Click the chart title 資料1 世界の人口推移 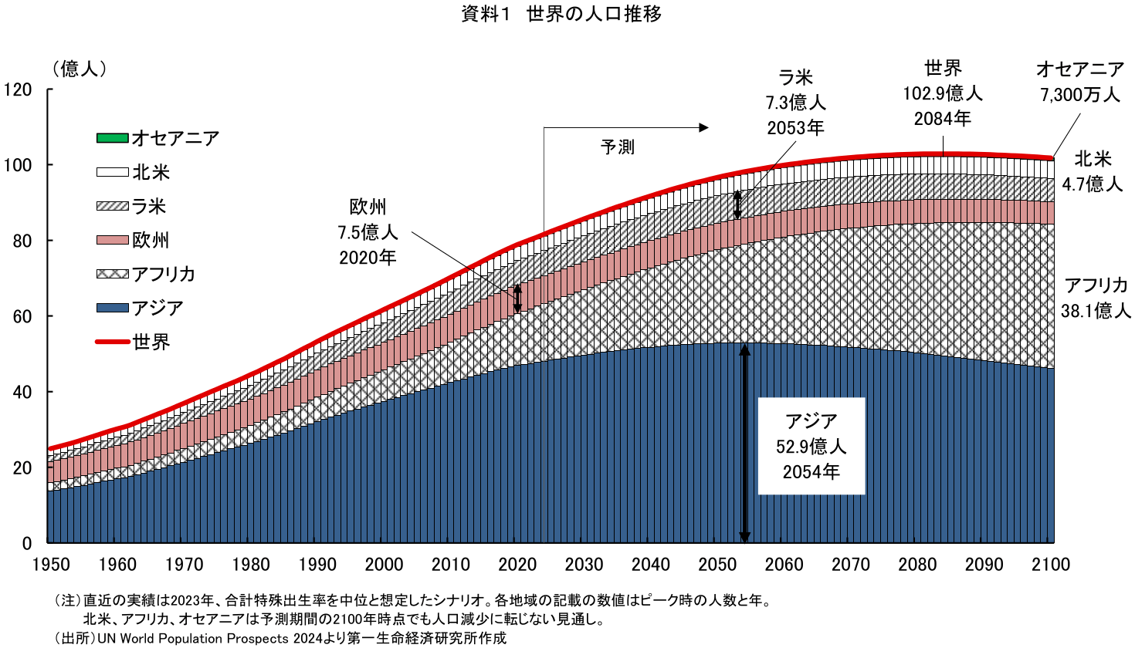(561, 14)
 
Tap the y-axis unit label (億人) (80, 69)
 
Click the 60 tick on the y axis (32, 316)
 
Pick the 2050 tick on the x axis (717, 565)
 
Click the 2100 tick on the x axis (1050, 565)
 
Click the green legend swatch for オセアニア (112, 138)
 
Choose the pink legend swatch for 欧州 (112, 240)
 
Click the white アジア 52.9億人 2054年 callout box (811, 446)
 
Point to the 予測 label (617, 147)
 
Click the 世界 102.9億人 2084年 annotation (942, 93)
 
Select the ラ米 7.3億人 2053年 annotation (795, 103)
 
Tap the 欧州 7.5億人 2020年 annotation (368, 232)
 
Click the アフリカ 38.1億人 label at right (1096, 298)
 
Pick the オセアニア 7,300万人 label (1079, 82)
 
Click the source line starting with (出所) (280, 638)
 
